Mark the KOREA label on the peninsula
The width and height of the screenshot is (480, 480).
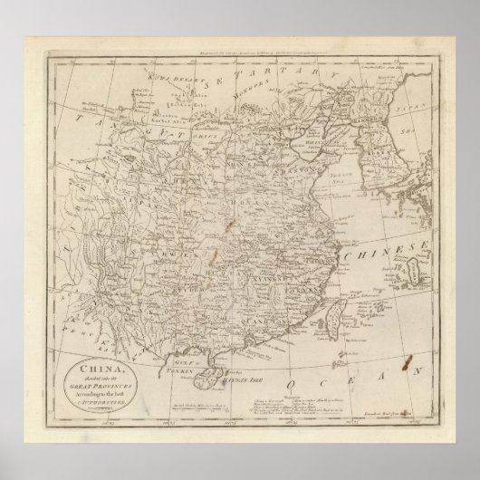click(369, 145)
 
